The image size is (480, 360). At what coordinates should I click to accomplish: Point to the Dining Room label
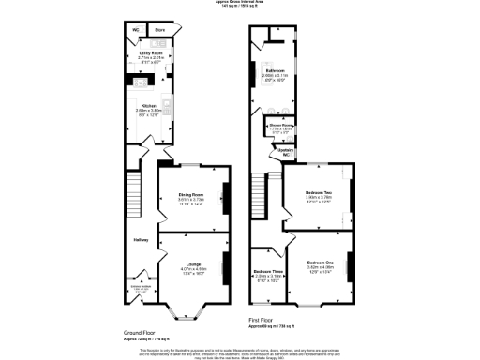point(191,194)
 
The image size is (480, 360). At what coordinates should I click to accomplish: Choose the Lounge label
point(193,263)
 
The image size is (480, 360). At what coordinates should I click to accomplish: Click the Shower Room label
point(281,124)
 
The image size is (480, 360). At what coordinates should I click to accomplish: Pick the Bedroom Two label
point(319,192)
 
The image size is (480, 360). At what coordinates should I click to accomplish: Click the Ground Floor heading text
point(139,333)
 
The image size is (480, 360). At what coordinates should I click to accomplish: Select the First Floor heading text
point(262,320)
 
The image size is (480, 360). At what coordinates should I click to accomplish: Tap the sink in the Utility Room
point(158,42)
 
